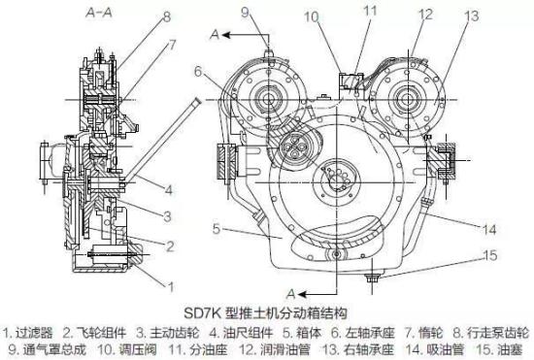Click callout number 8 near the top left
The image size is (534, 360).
click(x=166, y=17)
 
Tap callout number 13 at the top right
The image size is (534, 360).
click(x=471, y=16)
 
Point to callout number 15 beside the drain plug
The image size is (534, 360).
click(x=490, y=255)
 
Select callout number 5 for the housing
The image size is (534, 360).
click(x=217, y=229)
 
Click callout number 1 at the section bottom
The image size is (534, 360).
click(x=171, y=287)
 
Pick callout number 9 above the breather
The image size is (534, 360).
click(x=246, y=13)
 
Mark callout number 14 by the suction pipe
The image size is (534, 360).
click(x=489, y=230)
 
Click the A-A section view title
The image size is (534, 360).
click(x=99, y=13)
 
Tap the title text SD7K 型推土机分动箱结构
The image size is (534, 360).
click(x=265, y=313)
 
